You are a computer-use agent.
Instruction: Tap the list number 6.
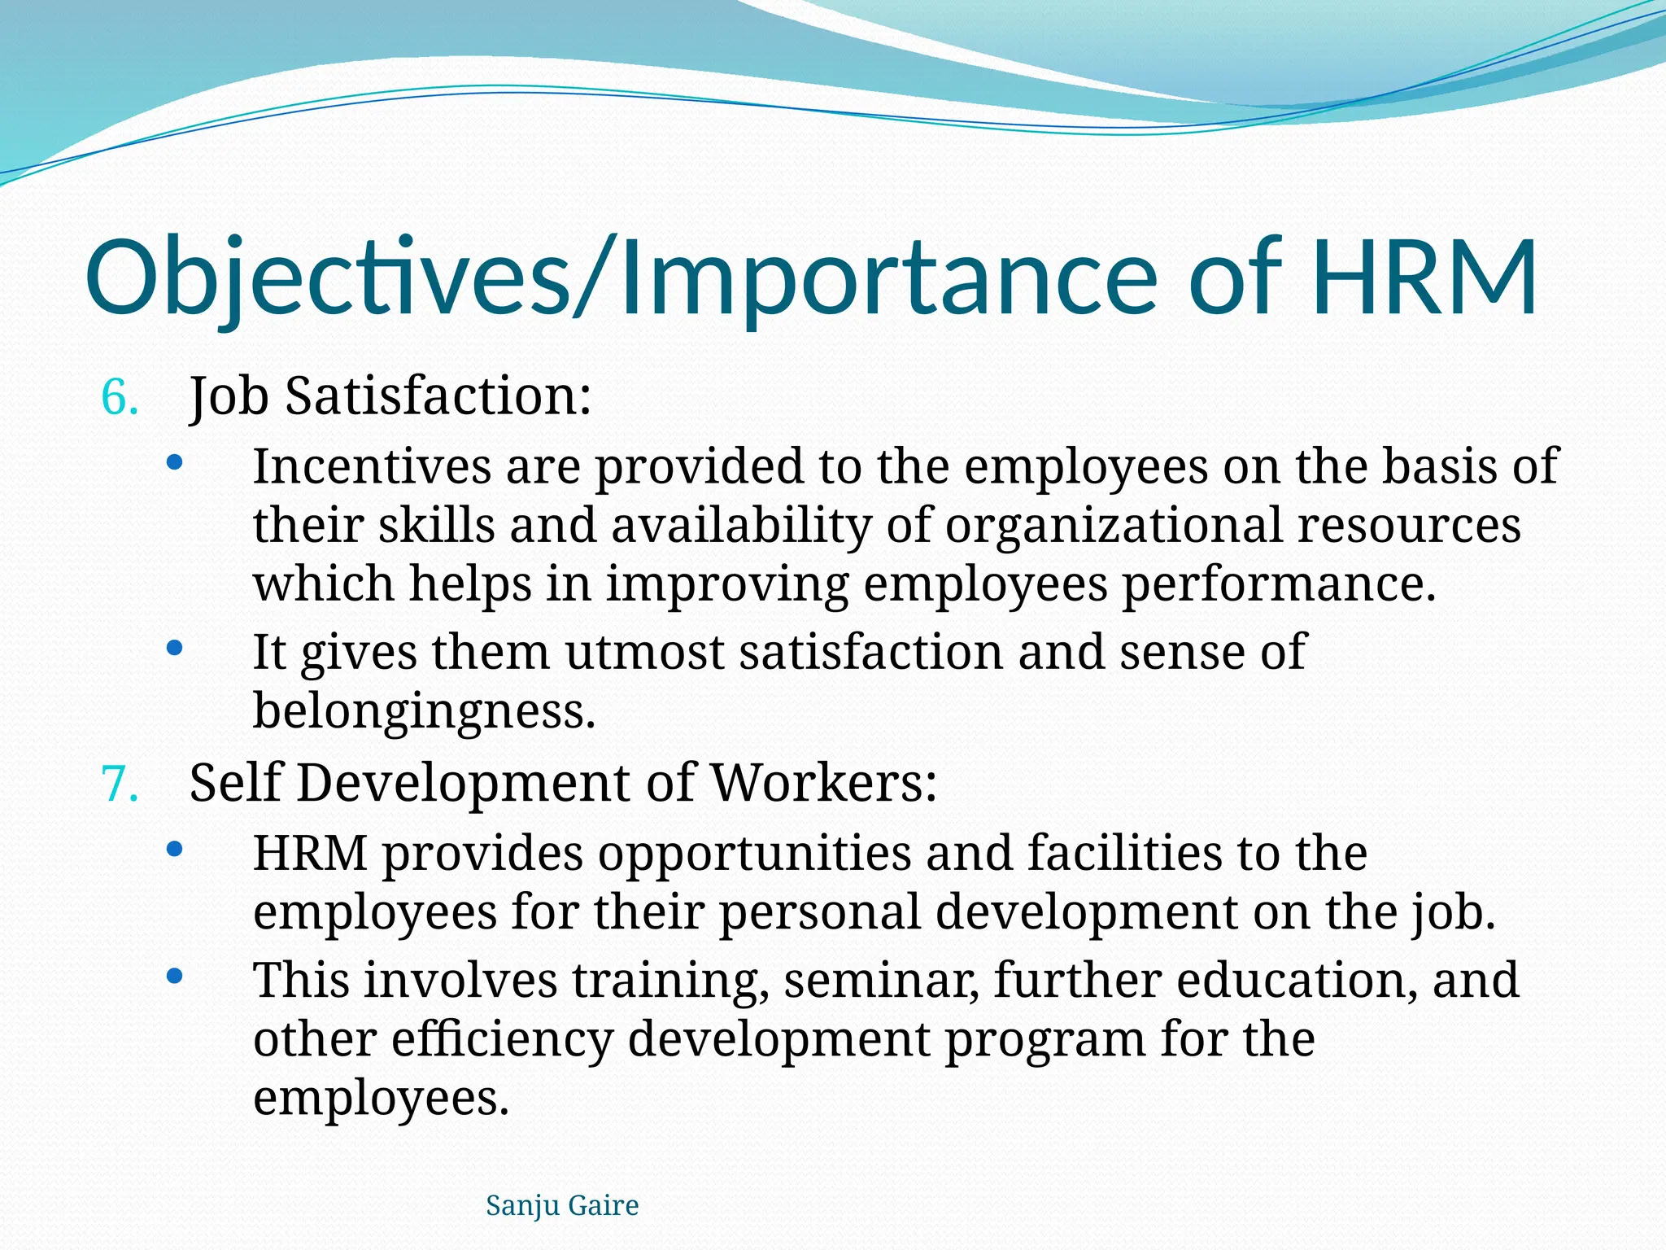120,399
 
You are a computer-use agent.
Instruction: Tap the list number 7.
120,785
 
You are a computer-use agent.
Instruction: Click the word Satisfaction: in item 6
438,396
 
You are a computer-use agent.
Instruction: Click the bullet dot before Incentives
174,463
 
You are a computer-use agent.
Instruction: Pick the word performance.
1279,584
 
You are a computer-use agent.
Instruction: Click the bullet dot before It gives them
174,649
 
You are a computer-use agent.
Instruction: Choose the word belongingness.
425,711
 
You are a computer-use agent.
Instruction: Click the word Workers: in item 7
823,783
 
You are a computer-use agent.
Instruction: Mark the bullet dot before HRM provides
174,850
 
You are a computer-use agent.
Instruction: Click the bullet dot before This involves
174,976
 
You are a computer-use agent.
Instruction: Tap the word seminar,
881,980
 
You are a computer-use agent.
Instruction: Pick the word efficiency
502,1039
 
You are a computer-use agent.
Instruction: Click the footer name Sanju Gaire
562,1205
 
